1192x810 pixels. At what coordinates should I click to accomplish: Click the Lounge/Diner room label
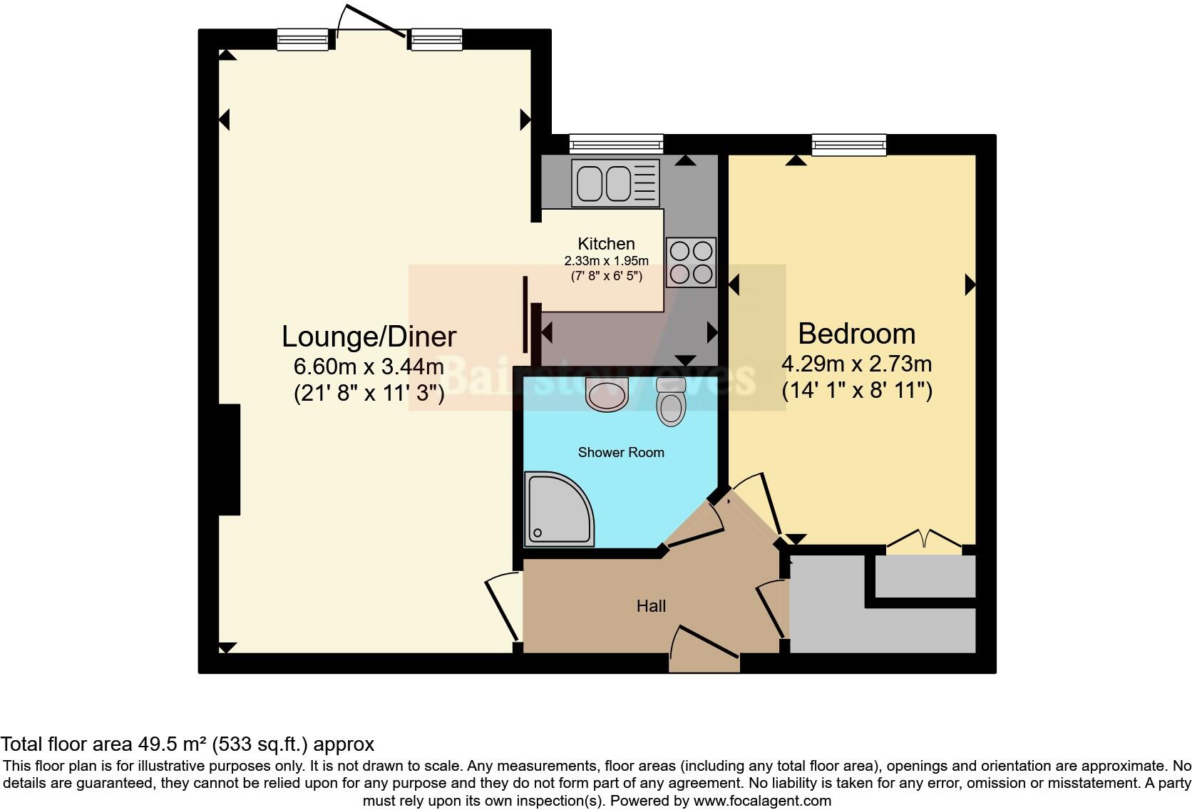click(x=369, y=336)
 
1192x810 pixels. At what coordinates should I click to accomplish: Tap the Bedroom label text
click(x=856, y=333)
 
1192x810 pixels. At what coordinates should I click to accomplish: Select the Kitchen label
click(x=606, y=243)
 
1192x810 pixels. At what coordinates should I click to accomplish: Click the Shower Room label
click(x=620, y=452)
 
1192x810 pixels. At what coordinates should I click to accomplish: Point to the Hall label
click(x=651, y=606)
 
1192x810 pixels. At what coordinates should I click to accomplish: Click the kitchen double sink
click(x=603, y=183)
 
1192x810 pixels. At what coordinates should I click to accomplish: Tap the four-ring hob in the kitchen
click(x=691, y=262)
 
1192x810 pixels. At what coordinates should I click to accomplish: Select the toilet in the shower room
click(x=671, y=404)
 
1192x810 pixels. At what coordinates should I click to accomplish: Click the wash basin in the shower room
click(x=607, y=395)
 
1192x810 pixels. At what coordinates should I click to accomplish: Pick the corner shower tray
click(x=556, y=509)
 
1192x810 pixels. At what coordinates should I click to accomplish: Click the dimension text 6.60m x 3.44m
click(x=369, y=366)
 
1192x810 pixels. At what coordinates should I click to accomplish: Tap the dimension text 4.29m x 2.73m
click(x=856, y=364)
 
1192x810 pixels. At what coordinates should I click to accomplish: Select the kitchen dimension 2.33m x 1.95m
click(x=606, y=260)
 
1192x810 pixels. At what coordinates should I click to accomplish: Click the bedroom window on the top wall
click(x=848, y=145)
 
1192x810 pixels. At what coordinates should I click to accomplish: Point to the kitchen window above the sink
click(x=617, y=145)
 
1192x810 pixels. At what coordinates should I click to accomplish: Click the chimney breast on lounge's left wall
click(x=229, y=459)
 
